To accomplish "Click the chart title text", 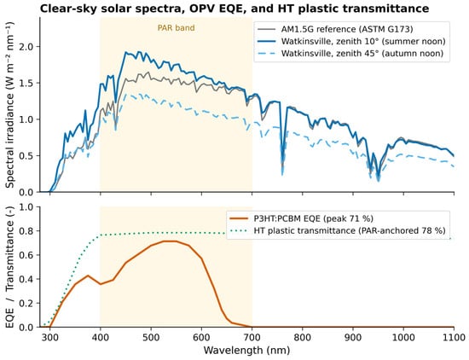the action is click(234, 9).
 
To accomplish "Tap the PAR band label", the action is click(177, 28).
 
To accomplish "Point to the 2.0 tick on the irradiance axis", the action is click(29, 47).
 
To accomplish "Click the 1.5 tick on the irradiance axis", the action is click(29, 83).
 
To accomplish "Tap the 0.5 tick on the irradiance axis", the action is click(29, 155).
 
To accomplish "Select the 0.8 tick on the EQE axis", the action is click(29, 231).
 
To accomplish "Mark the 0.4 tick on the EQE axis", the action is click(29, 279).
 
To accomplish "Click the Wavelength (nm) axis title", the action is click(246, 350).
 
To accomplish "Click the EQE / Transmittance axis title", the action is click(10, 267).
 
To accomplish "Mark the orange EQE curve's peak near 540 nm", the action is click(164, 241).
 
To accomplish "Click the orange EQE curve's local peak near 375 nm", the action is click(88, 276).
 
